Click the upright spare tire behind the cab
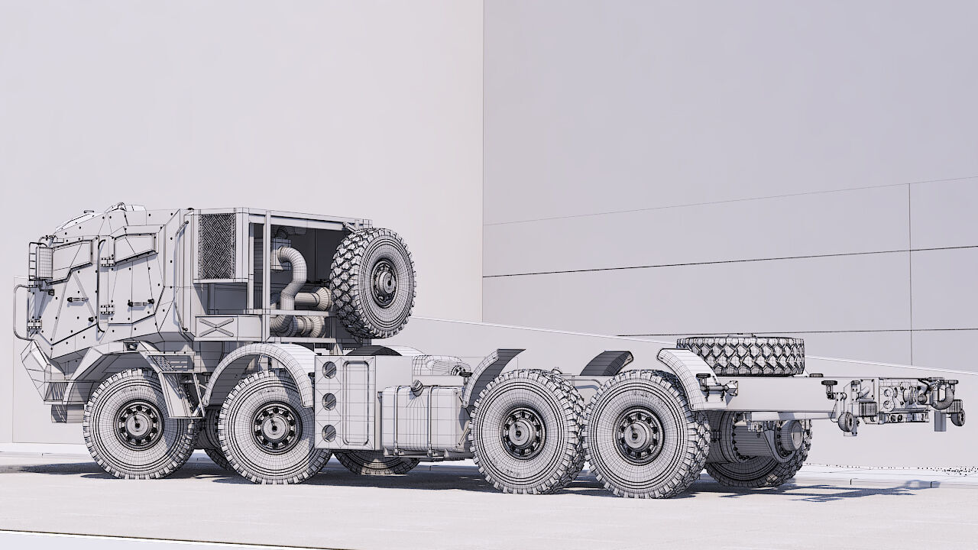pos(374,283)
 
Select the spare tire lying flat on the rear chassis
pos(740,355)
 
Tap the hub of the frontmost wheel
pos(138,423)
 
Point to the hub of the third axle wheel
pos(524,432)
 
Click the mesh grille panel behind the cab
pos(216,246)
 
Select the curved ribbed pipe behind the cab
pos(290,275)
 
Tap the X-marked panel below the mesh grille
pos(216,327)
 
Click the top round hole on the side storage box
pos(329,370)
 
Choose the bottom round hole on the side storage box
pos(329,432)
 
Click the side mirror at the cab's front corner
pos(43,260)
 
